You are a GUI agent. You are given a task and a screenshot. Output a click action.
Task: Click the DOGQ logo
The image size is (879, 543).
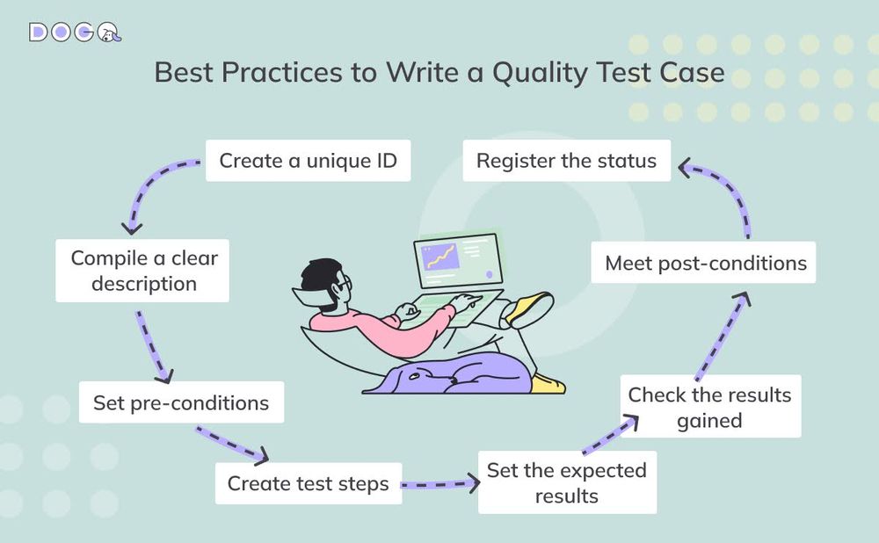click(x=75, y=33)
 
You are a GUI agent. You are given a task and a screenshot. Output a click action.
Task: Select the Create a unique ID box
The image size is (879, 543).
click(x=308, y=161)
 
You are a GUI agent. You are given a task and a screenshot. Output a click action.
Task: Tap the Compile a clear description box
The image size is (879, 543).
click(x=143, y=271)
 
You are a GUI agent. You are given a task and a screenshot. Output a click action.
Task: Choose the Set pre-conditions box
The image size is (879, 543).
click(x=180, y=403)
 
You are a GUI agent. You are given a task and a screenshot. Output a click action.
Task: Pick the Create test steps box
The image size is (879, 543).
click(x=308, y=483)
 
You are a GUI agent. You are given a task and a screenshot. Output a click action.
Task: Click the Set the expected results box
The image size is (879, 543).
click(x=567, y=482)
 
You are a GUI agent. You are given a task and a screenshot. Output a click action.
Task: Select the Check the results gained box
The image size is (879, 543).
click(x=709, y=407)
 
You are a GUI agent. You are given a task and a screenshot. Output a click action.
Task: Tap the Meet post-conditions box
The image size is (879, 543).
click(x=705, y=263)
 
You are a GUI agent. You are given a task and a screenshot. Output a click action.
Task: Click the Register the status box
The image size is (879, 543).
click(x=566, y=161)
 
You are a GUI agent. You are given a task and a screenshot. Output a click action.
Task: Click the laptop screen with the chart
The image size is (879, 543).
click(x=454, y=258)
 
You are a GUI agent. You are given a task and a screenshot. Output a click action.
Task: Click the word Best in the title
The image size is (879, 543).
click(x=184, y=72)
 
